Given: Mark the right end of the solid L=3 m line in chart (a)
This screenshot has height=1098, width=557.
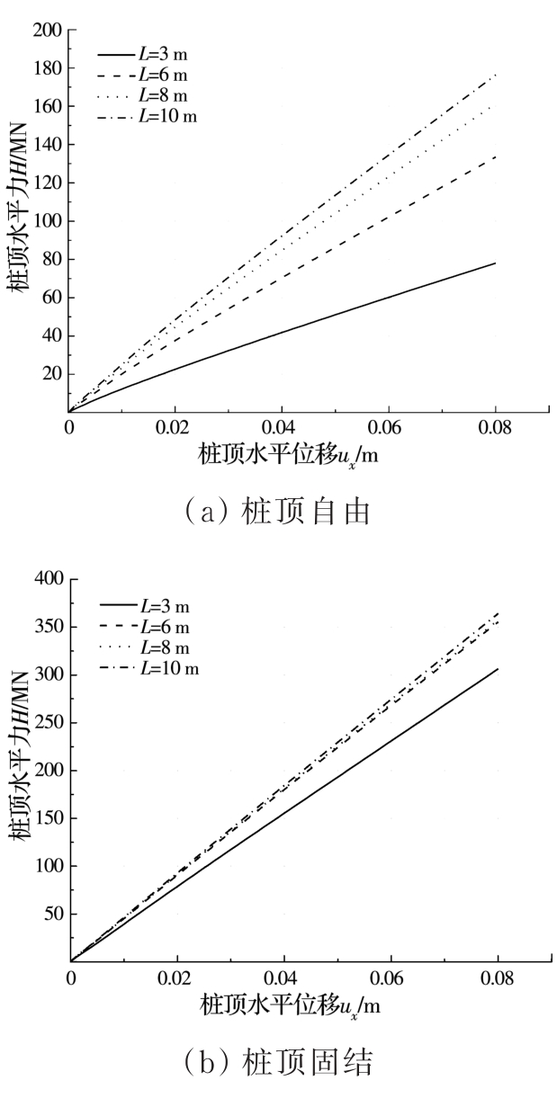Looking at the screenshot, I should [x=495, y=263].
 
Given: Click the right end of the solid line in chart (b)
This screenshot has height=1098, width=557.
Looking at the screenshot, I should [x=497, y=668].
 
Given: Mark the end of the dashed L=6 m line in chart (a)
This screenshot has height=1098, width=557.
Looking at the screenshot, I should [x=495, y=156].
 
